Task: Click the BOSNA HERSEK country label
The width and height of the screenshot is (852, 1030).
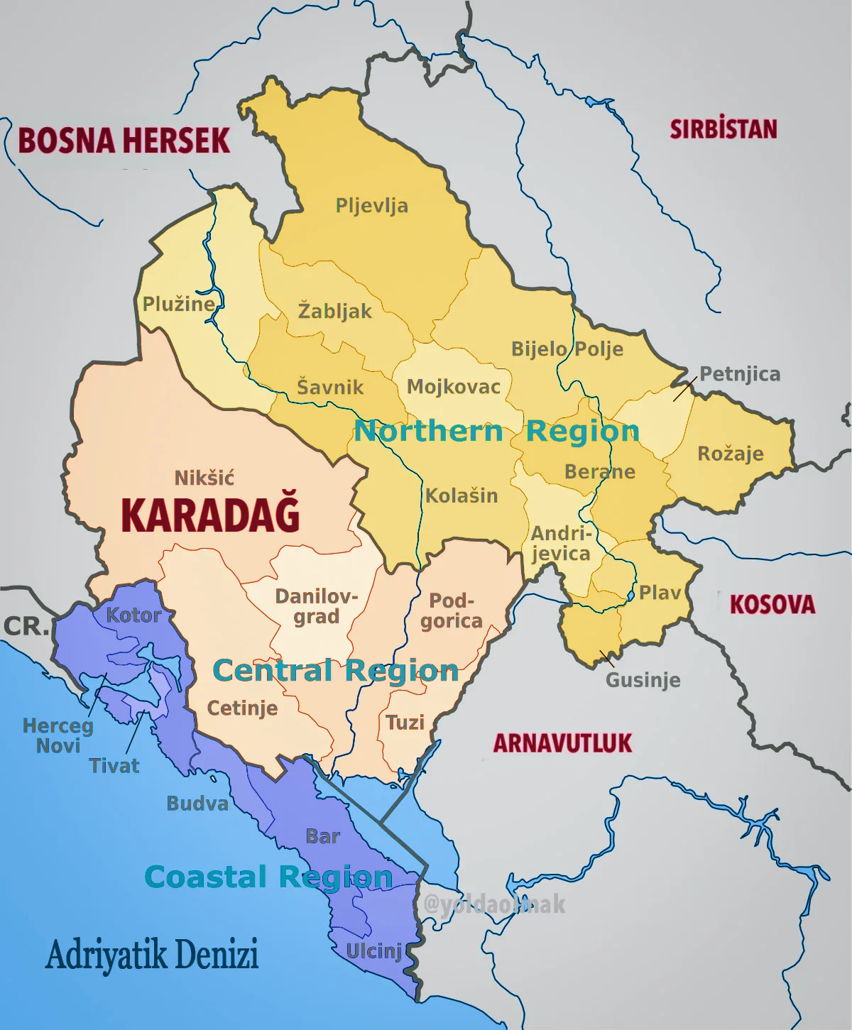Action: click(124, 141)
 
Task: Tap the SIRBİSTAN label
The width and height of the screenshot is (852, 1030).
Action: click(723, 129)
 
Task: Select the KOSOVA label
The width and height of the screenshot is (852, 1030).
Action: click(772, 605)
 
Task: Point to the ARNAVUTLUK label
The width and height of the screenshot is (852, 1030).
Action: click(562, 743)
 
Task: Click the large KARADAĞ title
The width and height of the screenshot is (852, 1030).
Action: click(210, 515)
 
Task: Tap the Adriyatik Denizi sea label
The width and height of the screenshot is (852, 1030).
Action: click(152, 955)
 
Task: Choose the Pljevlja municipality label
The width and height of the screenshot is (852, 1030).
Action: click(371, 206)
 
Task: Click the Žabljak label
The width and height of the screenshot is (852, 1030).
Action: click(334, 311)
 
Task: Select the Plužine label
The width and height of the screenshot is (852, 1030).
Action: click(179, 304)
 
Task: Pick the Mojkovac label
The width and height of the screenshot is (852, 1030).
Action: click(453, 387)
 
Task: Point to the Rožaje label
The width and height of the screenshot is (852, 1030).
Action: click(730, 454)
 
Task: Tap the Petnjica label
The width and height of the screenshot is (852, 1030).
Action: click(740, 374)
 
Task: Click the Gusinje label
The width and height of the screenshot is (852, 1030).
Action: click(643, 680)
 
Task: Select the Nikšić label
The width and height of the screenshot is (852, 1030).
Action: click(204, 478)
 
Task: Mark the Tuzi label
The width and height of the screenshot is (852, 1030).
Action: click(405, 723)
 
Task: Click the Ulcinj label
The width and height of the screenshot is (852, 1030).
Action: click(374, 950)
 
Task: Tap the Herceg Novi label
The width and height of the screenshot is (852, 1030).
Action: click(58, 735)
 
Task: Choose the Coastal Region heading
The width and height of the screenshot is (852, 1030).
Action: click(268, 877)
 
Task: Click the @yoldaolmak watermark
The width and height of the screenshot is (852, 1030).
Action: click(494, 904)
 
